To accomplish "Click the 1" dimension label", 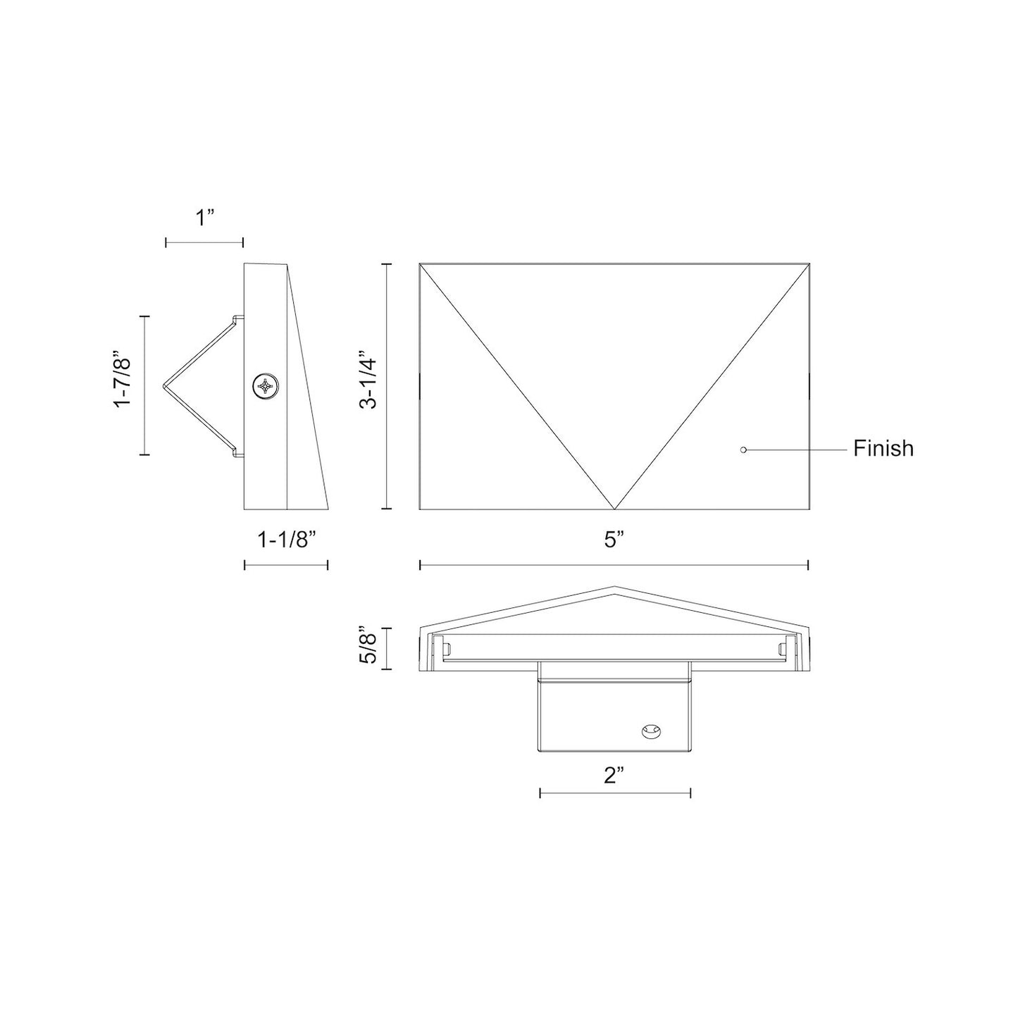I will (204, 218).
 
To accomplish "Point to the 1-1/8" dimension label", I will (285, 540).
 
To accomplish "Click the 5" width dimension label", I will (614, 540).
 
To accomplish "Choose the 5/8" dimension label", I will (366, 645).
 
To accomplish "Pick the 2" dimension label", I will (614, 776).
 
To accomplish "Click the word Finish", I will (883, 449).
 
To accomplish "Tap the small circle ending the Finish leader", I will (743, 449).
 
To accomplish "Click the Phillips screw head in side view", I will (266, 386).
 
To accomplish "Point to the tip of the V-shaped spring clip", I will (164, 385).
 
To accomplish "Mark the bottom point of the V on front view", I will (614, 509).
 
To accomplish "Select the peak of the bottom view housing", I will (614, 587).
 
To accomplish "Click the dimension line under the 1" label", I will (204, 242).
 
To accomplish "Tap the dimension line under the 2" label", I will (614, 793).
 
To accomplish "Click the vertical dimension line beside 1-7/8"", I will (145, 385).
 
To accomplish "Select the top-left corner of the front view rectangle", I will (420, 264).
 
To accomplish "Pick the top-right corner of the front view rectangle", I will (809, 264).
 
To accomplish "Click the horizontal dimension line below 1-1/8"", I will (285, 565).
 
